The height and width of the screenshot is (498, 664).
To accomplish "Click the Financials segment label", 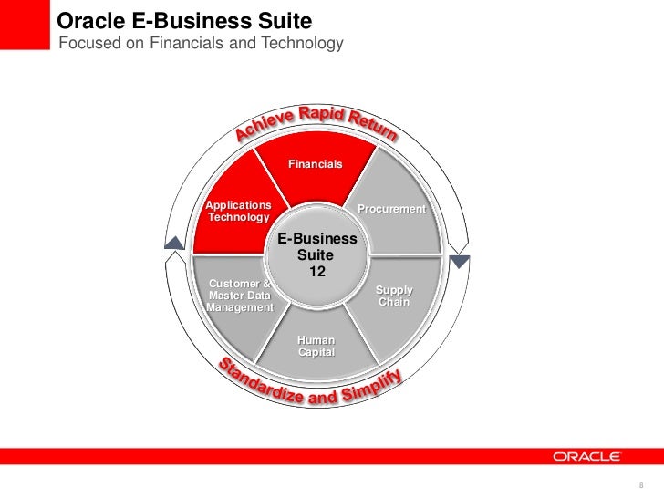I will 315,164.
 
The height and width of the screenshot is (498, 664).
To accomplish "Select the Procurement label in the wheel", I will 391,210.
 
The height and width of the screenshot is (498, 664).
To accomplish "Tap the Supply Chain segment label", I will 394,296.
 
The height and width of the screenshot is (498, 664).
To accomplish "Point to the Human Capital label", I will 316,347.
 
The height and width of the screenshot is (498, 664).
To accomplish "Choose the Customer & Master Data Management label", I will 240,296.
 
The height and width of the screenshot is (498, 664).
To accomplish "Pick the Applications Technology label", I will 238,212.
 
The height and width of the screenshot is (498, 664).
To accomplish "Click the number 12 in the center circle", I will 316,273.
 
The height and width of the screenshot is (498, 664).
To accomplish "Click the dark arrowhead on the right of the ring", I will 462,262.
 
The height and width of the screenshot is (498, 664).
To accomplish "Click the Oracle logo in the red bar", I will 586,456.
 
